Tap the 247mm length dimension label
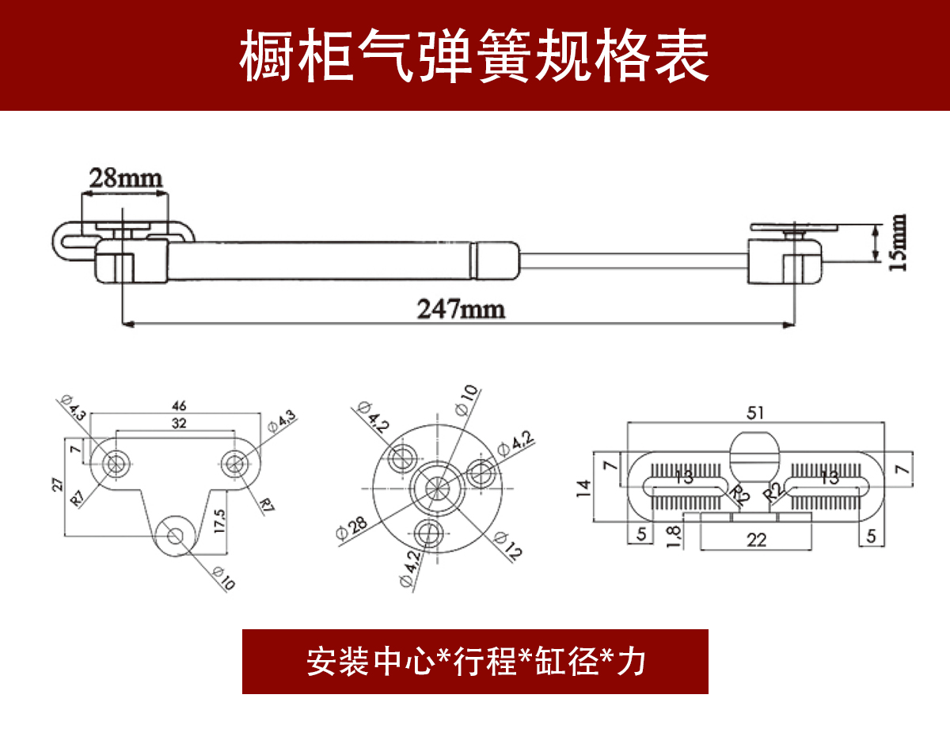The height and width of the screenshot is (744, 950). (461, 309)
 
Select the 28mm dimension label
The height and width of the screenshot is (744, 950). (125, 177)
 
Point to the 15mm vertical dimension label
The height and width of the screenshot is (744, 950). (899, 242)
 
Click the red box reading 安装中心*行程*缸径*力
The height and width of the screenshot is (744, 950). (475, 661)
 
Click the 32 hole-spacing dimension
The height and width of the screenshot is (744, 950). (179, 423)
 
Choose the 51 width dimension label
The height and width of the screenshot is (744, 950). (757, 413)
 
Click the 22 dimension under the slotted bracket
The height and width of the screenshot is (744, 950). (757, 540)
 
